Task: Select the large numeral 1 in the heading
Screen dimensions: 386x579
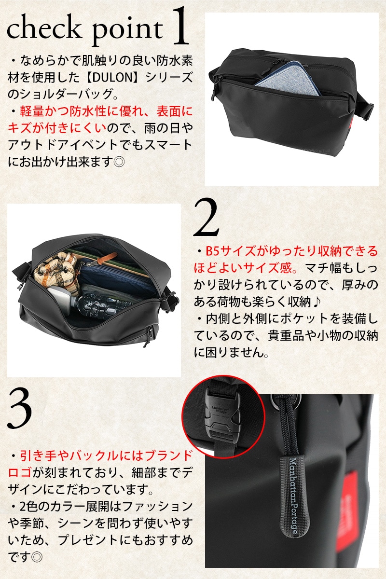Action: [x=179, y=26]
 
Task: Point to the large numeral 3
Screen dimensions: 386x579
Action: [x=20, y=409]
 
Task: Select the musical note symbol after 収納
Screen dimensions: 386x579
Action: [x=317, y=302]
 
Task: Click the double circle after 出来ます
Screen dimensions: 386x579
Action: [x=119, y=162]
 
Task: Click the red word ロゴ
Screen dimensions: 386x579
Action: [x=20, y=472]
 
